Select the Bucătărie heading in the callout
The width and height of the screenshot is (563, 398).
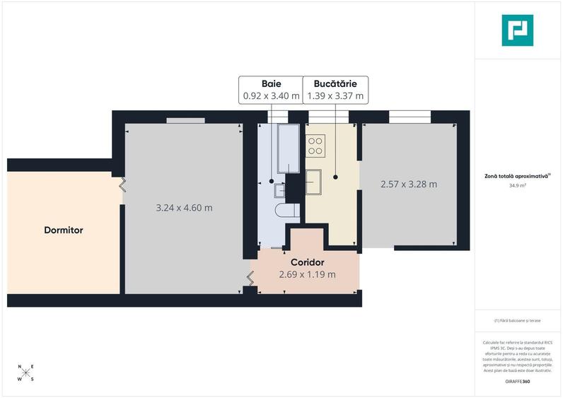pyautogui.click(x=335, y=83)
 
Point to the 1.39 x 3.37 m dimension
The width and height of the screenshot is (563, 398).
pyautogui.click(x=335, y=95)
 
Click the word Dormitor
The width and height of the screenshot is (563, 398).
pyautogui.click(x=64, y=230)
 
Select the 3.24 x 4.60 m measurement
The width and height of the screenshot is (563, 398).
pyautogui.click(x=184, y=208)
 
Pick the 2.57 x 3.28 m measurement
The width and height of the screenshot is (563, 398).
pyautogui.click(x=408, y=185)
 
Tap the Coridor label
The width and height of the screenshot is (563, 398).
pyautogui.click(x=306, y=262)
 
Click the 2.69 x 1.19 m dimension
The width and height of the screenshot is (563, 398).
pyautogui.click(x=306, y=274)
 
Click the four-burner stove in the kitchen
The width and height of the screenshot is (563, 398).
pyautogui.click(x=315, y=146)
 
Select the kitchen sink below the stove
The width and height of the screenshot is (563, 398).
pyautogui.click(x=313, y=181)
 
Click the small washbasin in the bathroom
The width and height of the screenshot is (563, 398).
pyautogui.click(x=279, y=189)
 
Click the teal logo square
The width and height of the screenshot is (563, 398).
pyautogui.click(x=517, y=30)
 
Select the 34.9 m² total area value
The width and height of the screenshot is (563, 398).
pyautogui.click(x=518, y=186)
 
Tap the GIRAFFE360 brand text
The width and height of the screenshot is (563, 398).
pyautogui.click(x=518, y=382)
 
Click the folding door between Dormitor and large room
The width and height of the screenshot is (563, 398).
pyautogui.click(x=122, y=185)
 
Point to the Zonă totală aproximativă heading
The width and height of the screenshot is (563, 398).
pyautogui.click(x=517, y=176)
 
